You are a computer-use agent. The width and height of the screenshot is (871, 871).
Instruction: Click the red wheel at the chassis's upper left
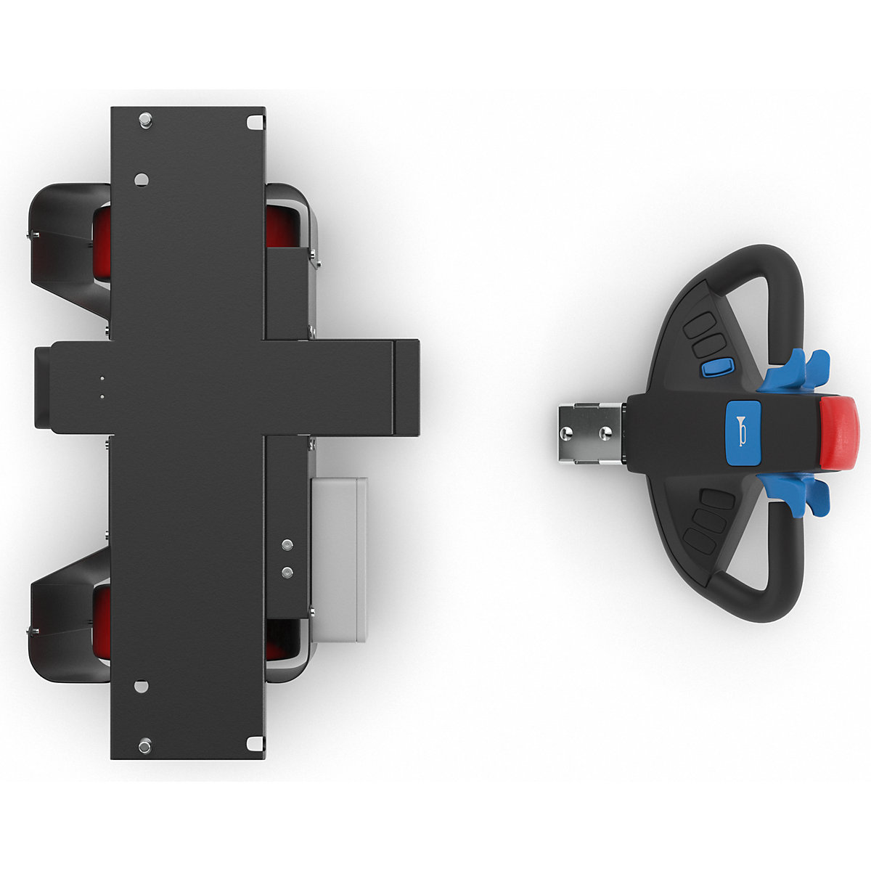click(x=102, y=243)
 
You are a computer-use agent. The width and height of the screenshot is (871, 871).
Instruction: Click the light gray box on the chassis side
click(x=340, y=559)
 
